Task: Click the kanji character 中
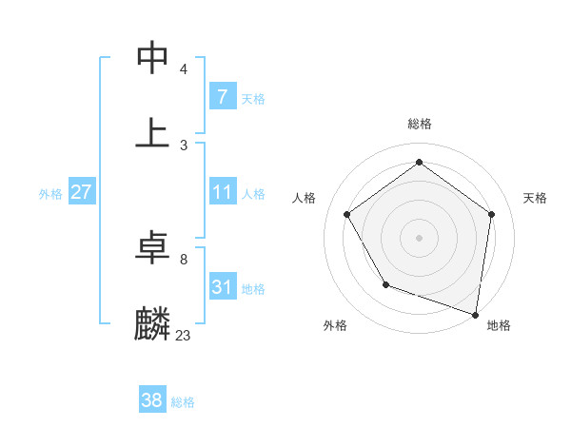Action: [152, 58]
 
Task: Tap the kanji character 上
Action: [152, 132]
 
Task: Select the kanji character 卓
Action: [152, 248]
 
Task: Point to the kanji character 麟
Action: [152, 322]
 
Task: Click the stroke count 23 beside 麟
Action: [183, 335]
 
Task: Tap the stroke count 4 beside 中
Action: [183, 69]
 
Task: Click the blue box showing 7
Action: [222, 96]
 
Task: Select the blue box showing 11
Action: [222, 192]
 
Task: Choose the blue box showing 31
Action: [222, 287]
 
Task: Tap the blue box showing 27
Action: [82, 192]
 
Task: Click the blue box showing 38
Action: [152, 400]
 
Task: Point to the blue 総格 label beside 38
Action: [183, 402]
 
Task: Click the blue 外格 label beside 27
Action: [50, 194]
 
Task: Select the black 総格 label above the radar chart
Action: [420, 124]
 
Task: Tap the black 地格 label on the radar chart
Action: [499, 325]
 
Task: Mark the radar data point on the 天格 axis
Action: [491, 214]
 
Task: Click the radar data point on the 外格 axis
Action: [385, 284]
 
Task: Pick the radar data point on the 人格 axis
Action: [347, 214]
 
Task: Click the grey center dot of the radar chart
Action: [420, 237]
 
